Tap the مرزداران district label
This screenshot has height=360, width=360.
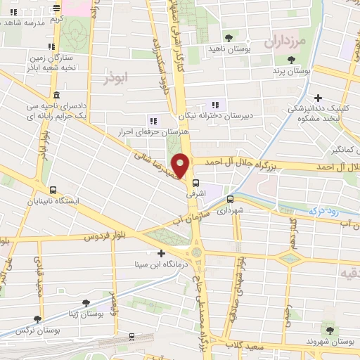[x=285, y=42]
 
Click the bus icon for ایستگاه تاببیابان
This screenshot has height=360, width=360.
[x=53, y=190]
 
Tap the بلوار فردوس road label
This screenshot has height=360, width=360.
[x=109, y=238]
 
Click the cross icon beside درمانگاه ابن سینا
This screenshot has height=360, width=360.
[x=162, y=253]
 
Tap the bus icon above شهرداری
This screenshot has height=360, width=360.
[x=230, y=199]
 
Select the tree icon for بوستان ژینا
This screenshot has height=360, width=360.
[x=86, y=304]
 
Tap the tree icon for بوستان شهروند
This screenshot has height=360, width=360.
[x=328, y=328]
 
